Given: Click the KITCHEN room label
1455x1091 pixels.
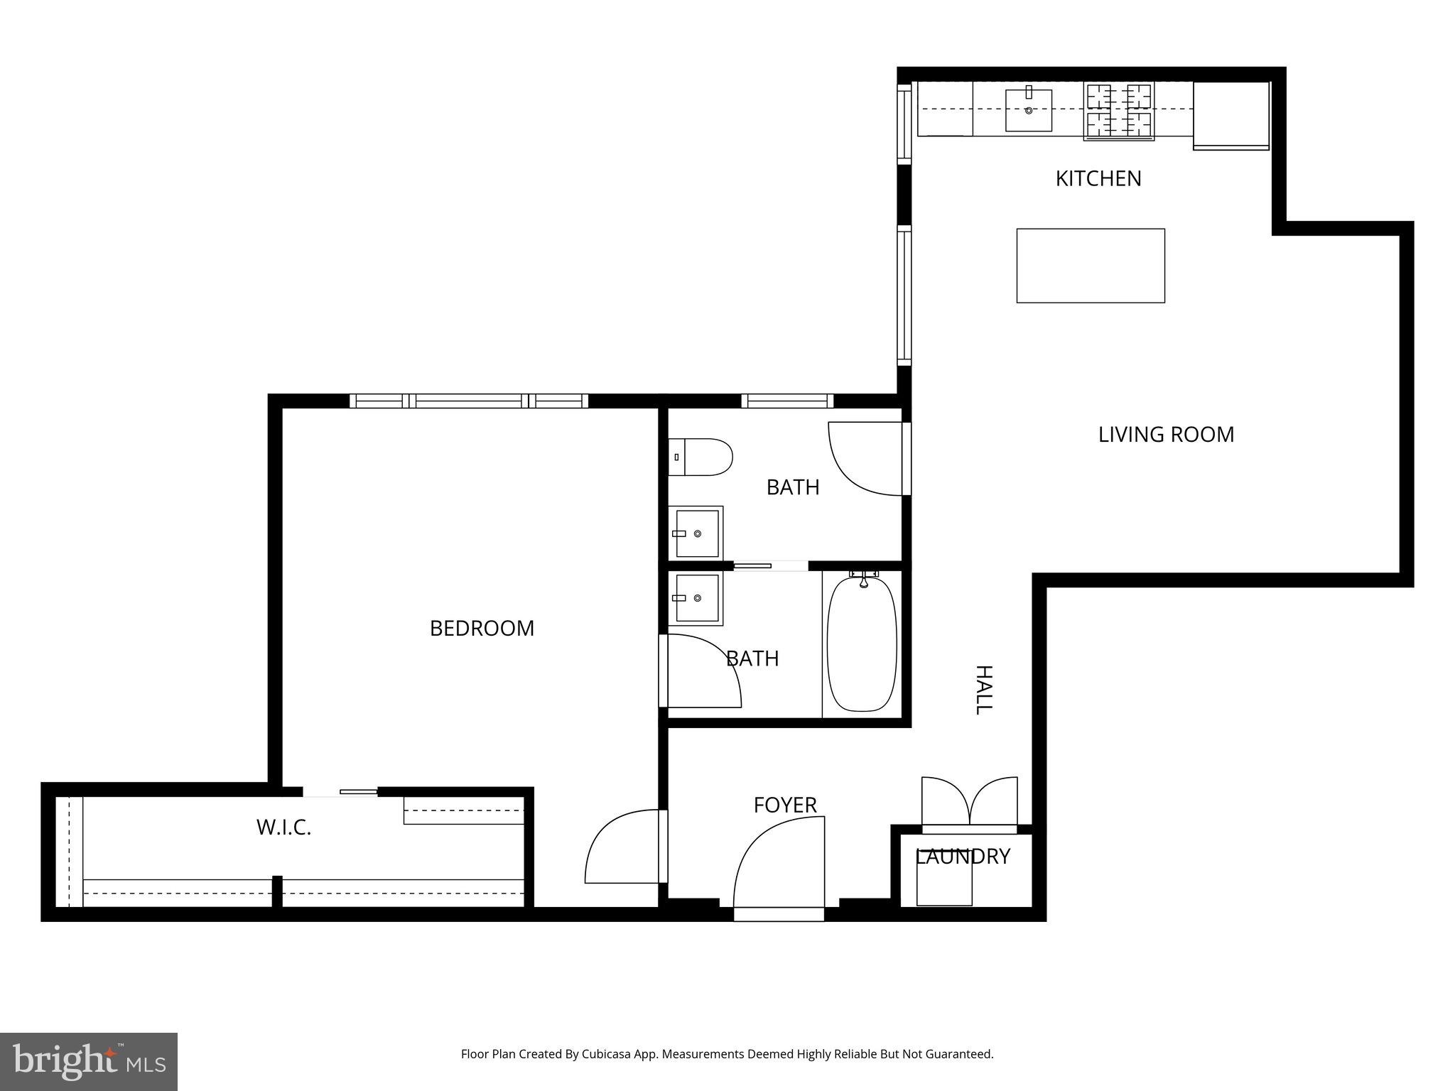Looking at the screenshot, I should click(x=1098, y=178).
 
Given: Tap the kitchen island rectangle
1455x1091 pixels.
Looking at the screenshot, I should click(x=1090, y=266).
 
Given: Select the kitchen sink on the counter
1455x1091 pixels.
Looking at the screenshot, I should click(x=1028, y=110).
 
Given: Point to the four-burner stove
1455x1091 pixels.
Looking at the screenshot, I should click(x=1118, y=111).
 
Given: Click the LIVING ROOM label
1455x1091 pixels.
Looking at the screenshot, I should click(x=1165, y=435).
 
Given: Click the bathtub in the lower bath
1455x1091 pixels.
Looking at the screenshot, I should click(x=862, y=644).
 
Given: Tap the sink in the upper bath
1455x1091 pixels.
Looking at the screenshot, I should click(x=696, y=533).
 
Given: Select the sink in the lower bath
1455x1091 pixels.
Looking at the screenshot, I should click(x=696, y=598).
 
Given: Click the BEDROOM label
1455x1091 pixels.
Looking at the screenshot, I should click(x=482, y=629).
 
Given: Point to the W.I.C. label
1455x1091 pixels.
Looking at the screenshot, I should click(x=283, y=827).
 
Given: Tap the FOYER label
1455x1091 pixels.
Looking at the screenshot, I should click(x=784, y=805).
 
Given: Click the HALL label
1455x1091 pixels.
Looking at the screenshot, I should click(x=983, y=690).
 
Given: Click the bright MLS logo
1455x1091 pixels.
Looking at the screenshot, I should click(x=88, y=1061).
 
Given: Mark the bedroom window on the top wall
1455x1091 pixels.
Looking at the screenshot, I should click(x=468, y=401).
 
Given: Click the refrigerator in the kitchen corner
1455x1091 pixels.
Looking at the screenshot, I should click(x=1230, y=115).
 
